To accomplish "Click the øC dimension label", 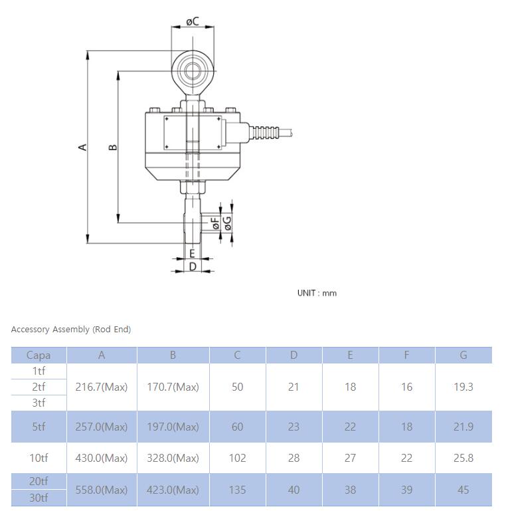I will point(193,22).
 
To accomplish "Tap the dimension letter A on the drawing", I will point(83,147).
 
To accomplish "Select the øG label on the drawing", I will point(227,223).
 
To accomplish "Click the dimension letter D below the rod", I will point(193,266).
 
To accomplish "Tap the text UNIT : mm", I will point(317,293).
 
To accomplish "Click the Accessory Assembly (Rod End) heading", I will point(71,330).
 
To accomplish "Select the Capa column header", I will point(39,355).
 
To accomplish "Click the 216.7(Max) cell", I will point(102,387).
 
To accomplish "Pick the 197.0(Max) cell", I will point(173,427).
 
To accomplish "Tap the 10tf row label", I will point(39,458).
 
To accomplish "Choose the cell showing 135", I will point(237,490).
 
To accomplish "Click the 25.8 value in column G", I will point(464,458).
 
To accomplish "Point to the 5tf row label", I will point(39,427).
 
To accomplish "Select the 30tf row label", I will point(39,498).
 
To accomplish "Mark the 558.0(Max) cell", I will point(102,490).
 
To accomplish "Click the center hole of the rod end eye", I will point(193,71).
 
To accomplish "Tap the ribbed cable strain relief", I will point(265,132).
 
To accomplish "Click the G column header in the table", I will point(464,355).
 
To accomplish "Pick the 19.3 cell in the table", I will point(464,387).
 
